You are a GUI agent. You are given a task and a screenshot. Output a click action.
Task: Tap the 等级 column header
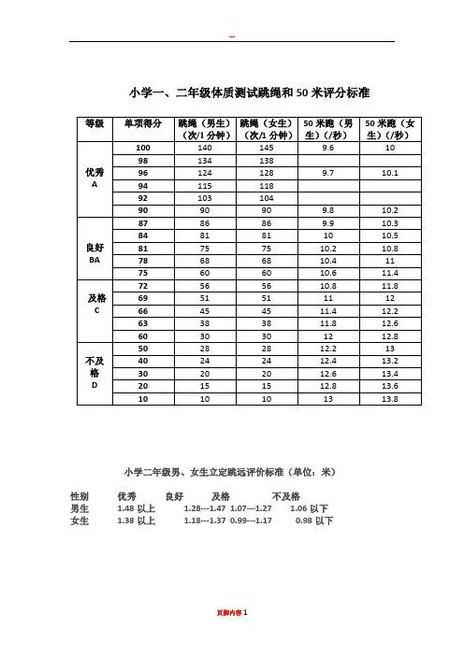coord(92,122)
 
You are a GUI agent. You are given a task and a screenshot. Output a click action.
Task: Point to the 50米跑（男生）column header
coord(328,129)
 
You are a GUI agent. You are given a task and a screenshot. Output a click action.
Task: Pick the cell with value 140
coord(206,148)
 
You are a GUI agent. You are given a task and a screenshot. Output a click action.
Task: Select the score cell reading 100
coord(143,148)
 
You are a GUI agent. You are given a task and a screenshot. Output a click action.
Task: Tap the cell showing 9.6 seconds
coord(328,148)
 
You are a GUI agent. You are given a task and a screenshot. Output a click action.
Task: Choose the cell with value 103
coord(206,198)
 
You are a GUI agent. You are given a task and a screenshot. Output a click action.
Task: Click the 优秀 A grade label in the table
coord(94,178)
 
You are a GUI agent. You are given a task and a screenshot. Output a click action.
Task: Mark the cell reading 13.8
coord(391,399)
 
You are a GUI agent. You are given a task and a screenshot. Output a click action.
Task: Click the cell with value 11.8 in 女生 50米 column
coord(391,286)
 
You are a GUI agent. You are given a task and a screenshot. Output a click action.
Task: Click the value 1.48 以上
coord(136,508)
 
